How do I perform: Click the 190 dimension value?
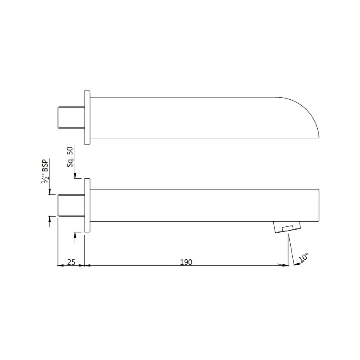coord(186,262)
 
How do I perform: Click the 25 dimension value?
coord(71,262)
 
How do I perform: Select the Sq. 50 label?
coord(70,157)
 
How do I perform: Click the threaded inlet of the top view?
coord(71,118)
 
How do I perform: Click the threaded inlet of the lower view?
coord(71,205)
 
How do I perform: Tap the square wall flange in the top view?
coord(87,118)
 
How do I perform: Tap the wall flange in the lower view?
coord(87,205)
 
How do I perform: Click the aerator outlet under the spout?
coord(287,227)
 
